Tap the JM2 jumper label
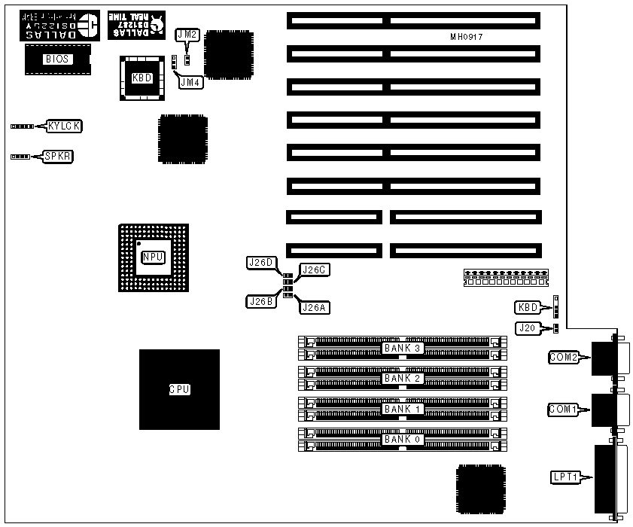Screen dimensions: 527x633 [187, 35]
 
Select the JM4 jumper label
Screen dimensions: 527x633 [190, 82]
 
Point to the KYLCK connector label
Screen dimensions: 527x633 [64, 126]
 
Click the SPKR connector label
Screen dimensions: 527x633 [58, 157]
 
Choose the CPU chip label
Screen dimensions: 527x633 [179, 390]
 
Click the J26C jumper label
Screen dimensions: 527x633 [315, 270]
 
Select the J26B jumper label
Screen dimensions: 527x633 [260, 301]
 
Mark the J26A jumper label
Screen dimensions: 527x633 [315, 306]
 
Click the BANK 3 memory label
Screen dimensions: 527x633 [403, 348]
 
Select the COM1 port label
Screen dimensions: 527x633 [562, 410]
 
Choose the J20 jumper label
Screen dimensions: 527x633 [527, 327]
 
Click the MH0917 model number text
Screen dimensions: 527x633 [467, 36]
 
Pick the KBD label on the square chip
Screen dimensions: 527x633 [141, 77]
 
